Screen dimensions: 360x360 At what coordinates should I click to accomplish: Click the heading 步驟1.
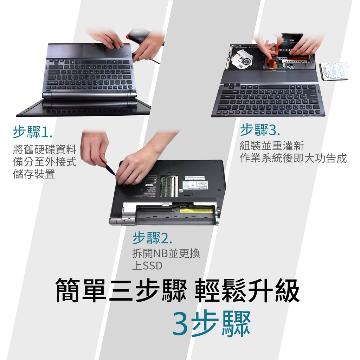pyautogui.click(x=33, y=132)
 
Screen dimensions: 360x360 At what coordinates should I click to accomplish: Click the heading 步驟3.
pyautogui.click(x=260, y=130)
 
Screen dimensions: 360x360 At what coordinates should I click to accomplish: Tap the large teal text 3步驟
pyautogui.click(x=211, y=323)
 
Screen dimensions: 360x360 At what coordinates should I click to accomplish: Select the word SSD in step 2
pyautogui.click(x=153, y=266)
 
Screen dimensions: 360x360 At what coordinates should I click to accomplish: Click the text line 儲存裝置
pyautogui.click(x=34, y=174)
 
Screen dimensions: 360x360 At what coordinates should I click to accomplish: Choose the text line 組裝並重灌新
pyautogui.click(x=272, y=146)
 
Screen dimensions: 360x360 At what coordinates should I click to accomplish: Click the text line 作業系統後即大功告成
pyautogui.click(x=293, y=158)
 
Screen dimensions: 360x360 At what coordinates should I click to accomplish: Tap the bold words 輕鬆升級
pyautogui.click(x=247, y=290)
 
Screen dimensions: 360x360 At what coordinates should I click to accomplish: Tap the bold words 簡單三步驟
pyautogui.click(x=121, y=290)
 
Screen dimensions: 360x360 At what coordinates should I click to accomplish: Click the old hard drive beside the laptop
pyautogui.click(x=334, y=71)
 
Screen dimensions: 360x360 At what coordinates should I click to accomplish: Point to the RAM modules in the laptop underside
pyautogui.click(x=169, y=186)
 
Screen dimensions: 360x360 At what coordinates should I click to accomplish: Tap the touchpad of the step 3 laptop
pyautogui.click(x=274, y=76)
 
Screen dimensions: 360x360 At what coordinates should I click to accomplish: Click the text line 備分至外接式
pyautogui.click(x=45, y=162)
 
